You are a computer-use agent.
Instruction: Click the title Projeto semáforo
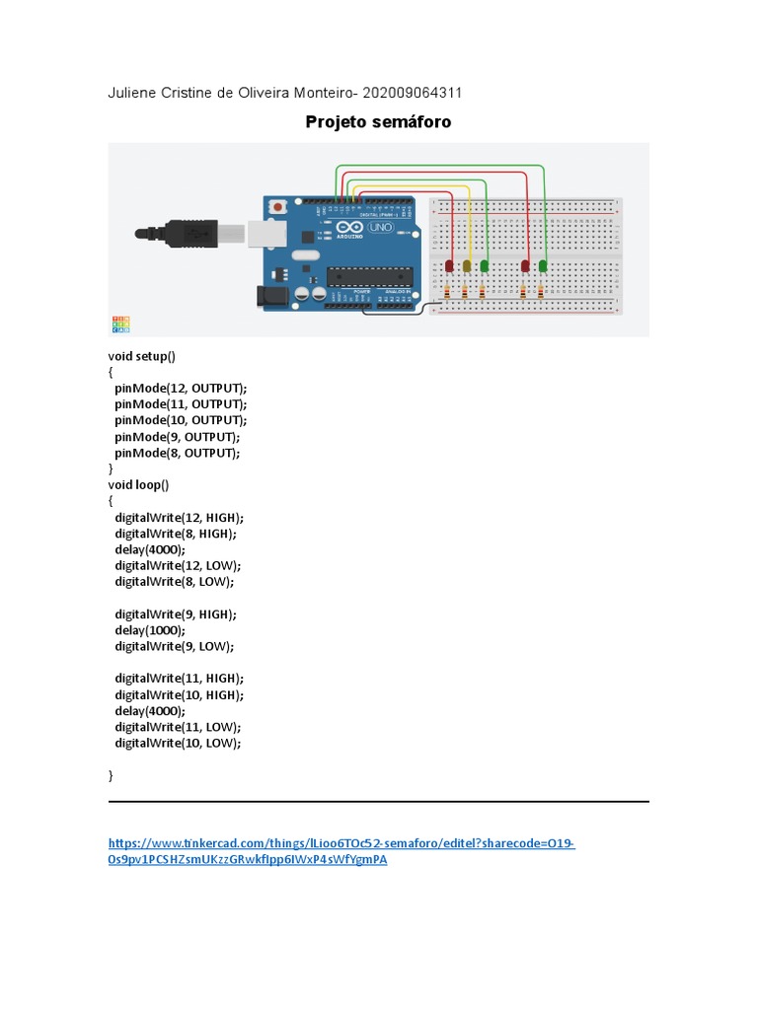(378, 122)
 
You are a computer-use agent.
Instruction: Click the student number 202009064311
(413, 93)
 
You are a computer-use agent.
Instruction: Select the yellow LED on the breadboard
(467, 265)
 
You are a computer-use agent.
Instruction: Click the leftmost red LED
(450, 265)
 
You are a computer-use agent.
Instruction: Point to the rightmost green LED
(543, 265)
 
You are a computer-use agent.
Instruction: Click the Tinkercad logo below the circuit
(119, 324)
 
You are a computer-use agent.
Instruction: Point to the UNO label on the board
(380, 228)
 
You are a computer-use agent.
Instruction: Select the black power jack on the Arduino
(267, 295)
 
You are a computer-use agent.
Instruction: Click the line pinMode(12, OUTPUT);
(181, 388)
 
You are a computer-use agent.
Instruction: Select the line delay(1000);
(149, 629)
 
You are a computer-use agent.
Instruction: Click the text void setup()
(141, 355)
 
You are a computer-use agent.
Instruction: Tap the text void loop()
(138, 484)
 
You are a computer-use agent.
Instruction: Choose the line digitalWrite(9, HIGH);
(176, 613)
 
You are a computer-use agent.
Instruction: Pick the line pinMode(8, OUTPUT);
(177, 453)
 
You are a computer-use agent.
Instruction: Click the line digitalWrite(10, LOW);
(178, 743)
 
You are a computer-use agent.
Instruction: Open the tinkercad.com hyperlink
(341, 844)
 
